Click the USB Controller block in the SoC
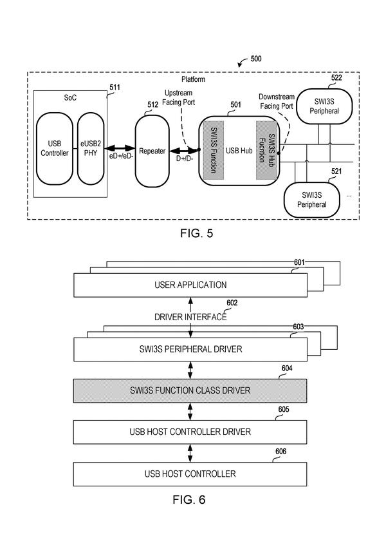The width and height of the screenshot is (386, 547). (55, 149)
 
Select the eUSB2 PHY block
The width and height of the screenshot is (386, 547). (91, 149)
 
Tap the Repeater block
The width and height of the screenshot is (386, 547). (152, 151)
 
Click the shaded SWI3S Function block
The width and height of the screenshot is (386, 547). (213, 150)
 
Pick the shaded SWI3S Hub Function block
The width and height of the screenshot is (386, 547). (267, 150)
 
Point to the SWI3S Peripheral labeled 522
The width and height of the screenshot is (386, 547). (324, 106)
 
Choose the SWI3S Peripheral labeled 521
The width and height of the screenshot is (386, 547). (312, 200)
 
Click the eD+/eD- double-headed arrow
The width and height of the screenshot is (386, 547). (120, 148)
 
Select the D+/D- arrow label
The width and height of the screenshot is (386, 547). (185, 158)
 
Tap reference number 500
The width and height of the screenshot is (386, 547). (256, 59)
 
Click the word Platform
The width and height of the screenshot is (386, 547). (194, 79)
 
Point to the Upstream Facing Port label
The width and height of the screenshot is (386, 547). (178, 98)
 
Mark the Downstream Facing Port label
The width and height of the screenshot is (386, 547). (277, 101)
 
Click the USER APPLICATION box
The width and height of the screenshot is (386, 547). (190, 285)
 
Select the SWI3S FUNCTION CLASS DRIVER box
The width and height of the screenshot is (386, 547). (190, 390)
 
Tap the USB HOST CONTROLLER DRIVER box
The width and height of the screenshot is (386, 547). (190, 432)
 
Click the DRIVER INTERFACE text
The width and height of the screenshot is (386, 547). (190, 317)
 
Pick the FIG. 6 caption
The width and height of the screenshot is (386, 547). (189, 499)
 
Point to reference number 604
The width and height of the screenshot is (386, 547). (287, 369)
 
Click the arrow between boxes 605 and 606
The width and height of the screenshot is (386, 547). (190, 453)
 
